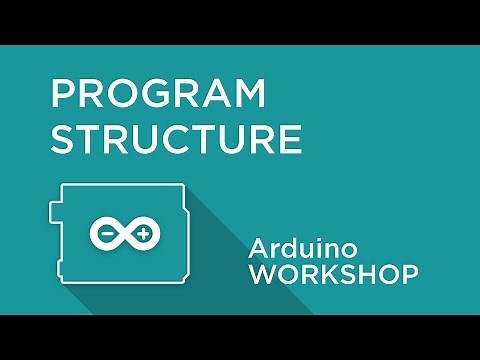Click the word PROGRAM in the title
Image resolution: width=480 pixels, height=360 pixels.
(159, 97)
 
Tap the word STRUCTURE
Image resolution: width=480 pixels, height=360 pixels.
(176, 139)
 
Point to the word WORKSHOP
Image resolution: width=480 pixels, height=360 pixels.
(333, 275)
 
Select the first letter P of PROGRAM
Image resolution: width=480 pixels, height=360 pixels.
(64, 97)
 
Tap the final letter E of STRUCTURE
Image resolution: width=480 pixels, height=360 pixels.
(290, 139)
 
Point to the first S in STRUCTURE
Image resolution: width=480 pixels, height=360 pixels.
(64, 139)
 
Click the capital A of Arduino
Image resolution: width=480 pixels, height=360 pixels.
(260, 248)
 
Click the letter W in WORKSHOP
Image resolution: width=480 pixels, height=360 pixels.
(263, 275)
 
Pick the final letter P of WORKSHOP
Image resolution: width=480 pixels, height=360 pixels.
(409, 275)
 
